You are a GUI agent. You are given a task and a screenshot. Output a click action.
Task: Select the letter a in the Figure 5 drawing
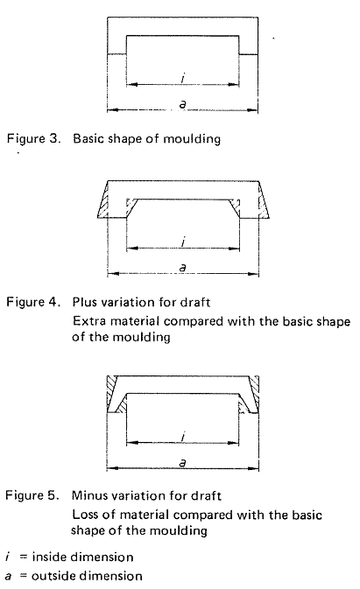pos(181,463)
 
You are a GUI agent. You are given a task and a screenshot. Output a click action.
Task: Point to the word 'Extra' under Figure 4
pos(88,321)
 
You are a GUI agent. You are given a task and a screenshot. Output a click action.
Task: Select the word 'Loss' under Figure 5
pos(86,515)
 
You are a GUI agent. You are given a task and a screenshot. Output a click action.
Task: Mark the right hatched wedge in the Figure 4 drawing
pos(261,208)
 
